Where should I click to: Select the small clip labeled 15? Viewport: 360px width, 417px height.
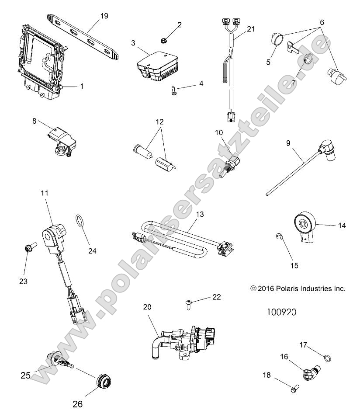pos(280,237)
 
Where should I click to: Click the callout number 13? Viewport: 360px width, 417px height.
pos(200,215)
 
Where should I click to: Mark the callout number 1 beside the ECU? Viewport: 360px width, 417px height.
pos(82,87)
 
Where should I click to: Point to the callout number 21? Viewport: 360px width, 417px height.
pos(250,29)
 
